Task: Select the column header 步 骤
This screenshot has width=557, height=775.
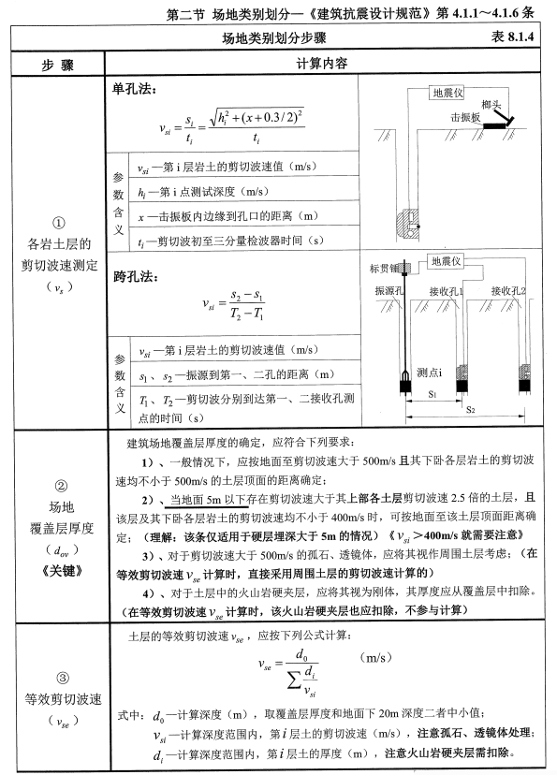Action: coord(59,66)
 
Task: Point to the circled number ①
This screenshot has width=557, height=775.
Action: coord(58,224)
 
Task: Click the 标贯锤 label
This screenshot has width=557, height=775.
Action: coord(384,265)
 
